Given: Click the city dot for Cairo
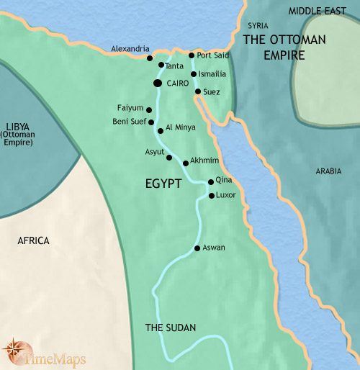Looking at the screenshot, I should (157, 84).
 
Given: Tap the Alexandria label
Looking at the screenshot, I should (130, 49).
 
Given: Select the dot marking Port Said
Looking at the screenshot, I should (191, 55).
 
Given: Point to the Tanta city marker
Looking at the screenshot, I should (161, 65).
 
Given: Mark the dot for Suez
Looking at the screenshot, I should (198, 91).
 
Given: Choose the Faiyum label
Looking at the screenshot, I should (130, 108).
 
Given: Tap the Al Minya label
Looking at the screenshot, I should (181, 127).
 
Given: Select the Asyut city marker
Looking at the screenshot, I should (169, 157).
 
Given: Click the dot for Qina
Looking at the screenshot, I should (210, 182).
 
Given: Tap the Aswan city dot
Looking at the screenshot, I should (197, 249).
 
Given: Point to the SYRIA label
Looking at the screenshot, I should (257, 25).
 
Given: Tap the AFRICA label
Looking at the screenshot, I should (33, 240).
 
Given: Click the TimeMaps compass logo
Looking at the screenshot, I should (14, 351).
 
